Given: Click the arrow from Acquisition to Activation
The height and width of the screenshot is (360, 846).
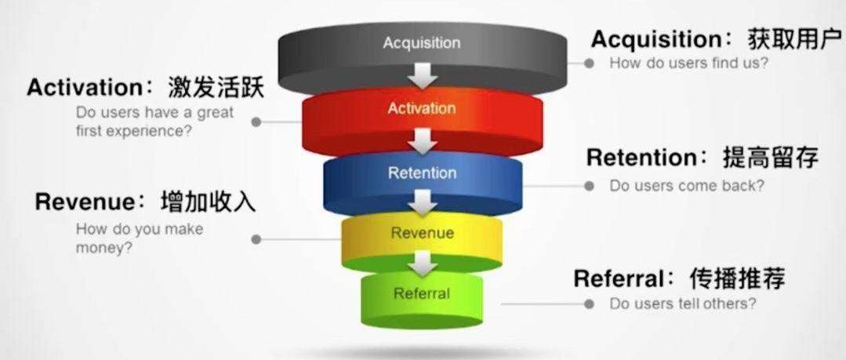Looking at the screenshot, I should pos(423,77).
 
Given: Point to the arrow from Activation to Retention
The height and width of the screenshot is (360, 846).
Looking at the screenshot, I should pos(423,140).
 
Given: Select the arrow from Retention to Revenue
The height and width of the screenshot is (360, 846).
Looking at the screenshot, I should pos(423,203).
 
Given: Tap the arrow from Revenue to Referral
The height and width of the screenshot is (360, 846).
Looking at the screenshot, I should pos(423,264).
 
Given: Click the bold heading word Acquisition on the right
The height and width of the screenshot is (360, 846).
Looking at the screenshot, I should pos(655,39).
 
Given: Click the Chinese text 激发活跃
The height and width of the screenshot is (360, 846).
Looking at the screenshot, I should pos(216,87).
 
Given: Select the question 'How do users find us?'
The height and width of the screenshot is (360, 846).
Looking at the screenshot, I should pos(688,63).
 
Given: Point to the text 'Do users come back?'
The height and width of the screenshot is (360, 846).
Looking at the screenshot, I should pos(687,186).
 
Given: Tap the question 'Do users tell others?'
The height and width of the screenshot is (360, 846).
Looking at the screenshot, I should pos(683,304).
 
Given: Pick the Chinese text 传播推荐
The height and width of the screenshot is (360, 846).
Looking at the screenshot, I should pos(737,279).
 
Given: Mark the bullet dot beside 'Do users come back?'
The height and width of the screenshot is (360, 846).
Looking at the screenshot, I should pos(588,186).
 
